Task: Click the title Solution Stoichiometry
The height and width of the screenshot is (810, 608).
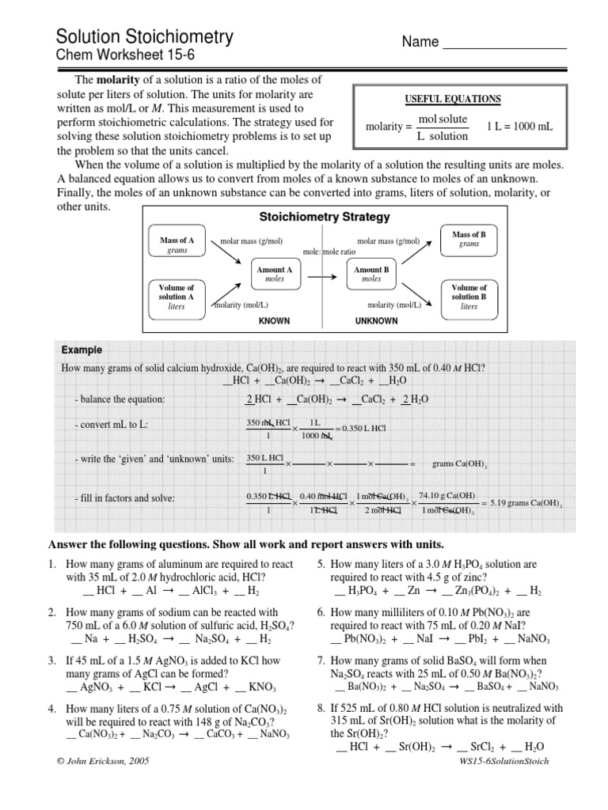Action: [x=144, y=36]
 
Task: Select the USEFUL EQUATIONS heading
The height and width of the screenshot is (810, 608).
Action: [x=453, y=99]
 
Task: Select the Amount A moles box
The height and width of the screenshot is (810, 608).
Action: [x=274, y=274]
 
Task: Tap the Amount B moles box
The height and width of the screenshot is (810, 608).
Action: [x=371, y=274]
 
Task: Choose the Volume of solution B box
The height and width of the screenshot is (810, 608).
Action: [x=469, y=297]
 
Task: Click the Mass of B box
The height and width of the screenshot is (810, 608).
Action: [x=469, y=240]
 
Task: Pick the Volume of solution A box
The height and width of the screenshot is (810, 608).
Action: [x=176, y=297]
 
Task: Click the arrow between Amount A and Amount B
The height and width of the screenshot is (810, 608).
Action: [x=322, y=276]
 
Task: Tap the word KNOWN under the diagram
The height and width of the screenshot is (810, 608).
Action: [x=275, y=321]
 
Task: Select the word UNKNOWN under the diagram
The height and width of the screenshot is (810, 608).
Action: [x=376, y=321]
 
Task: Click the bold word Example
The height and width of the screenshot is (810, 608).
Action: [x=82, y=350]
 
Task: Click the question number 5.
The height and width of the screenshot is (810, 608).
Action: [x=321, y=564]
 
